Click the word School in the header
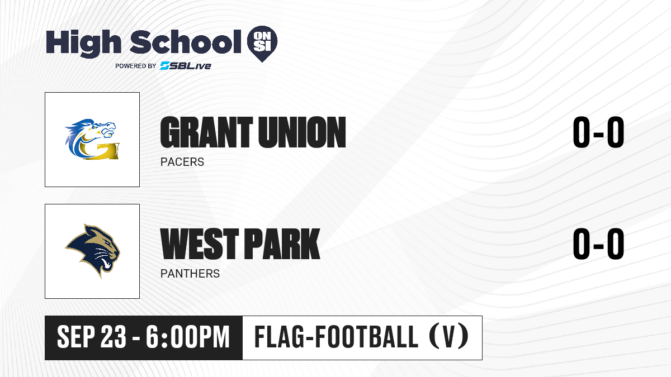pyautogui.click(x=186, y=42)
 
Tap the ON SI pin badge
pyautogui.click(x=262, y=44)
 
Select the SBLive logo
pyautogui.click(x=186, y=66)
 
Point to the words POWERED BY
pyautogui.click(x=136, y=66)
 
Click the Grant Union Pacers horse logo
pyautogui.click(x=92, y=139)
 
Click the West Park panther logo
pyautogui.click(x=93, y=251)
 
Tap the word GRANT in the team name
pyautogui.click(x=207, y=132)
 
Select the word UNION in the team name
pyautogui.click(x=302, y=132)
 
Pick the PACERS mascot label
pyautogui.click(x=182, y=162)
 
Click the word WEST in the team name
pyautogui.click(x=200, y=244)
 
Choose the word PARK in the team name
pyautogui.click(x=282, y=244)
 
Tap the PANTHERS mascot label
pyautogui.click(x=190, y=274)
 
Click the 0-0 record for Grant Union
pyautogui.click(x=598, y=132)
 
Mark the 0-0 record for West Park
pyautogui.click(x=598, y=244)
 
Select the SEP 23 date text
pyautogui.click(x=92, y=337)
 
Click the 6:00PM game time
pyautogui.click(x=188, y=337)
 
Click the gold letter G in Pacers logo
pyautogui.click(x=99, y=150)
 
